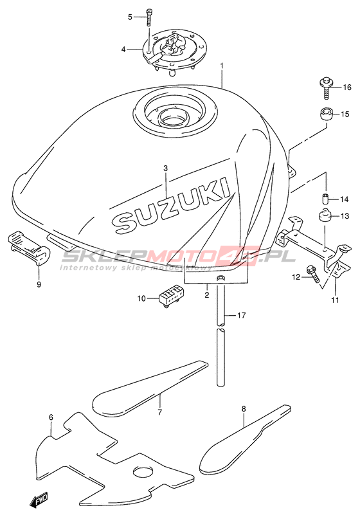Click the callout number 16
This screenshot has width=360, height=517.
pos(347,87)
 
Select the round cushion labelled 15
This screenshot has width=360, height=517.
pos(326,115)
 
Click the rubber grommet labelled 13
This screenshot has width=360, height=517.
pos(325,216)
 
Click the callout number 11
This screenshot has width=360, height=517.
pos(335,300)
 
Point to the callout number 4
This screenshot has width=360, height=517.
pos(123,50)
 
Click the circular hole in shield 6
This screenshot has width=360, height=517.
pos(143,471)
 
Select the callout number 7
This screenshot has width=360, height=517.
pos(160,412)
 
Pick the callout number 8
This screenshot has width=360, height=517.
pos(244,409)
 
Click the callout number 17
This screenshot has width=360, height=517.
pos(241,316)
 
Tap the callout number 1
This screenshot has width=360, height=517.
pos(222,66)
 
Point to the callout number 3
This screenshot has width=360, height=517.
pos(165,168)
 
